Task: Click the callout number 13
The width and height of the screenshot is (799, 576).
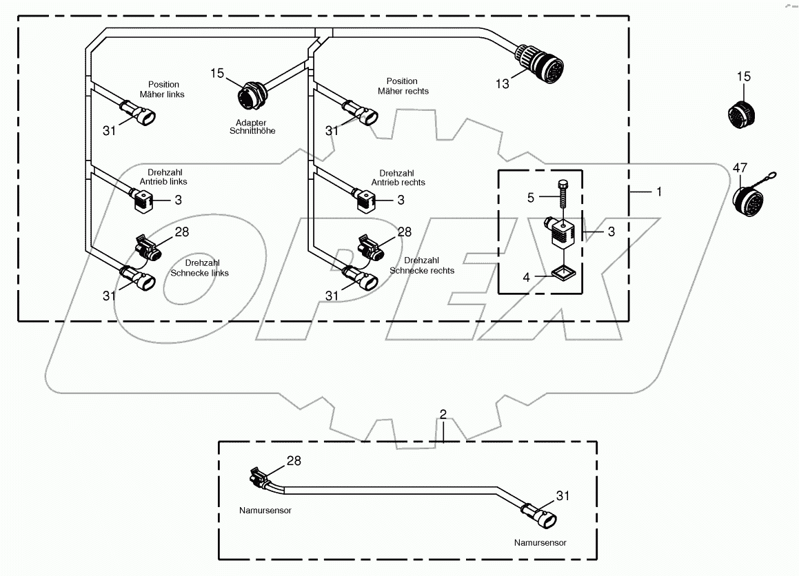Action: tap(502, 83)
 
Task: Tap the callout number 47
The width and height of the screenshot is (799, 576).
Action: tap(740, 167)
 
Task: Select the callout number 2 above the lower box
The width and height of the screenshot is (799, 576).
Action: tap(443, 415)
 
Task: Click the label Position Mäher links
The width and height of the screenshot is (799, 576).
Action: tap(163, 90)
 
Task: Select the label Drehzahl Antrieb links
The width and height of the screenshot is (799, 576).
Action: tap(167, 177)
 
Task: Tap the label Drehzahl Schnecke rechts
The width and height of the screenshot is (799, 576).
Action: tap(422, 265)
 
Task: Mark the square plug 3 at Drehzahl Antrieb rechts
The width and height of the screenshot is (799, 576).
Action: tap(365, 200)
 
